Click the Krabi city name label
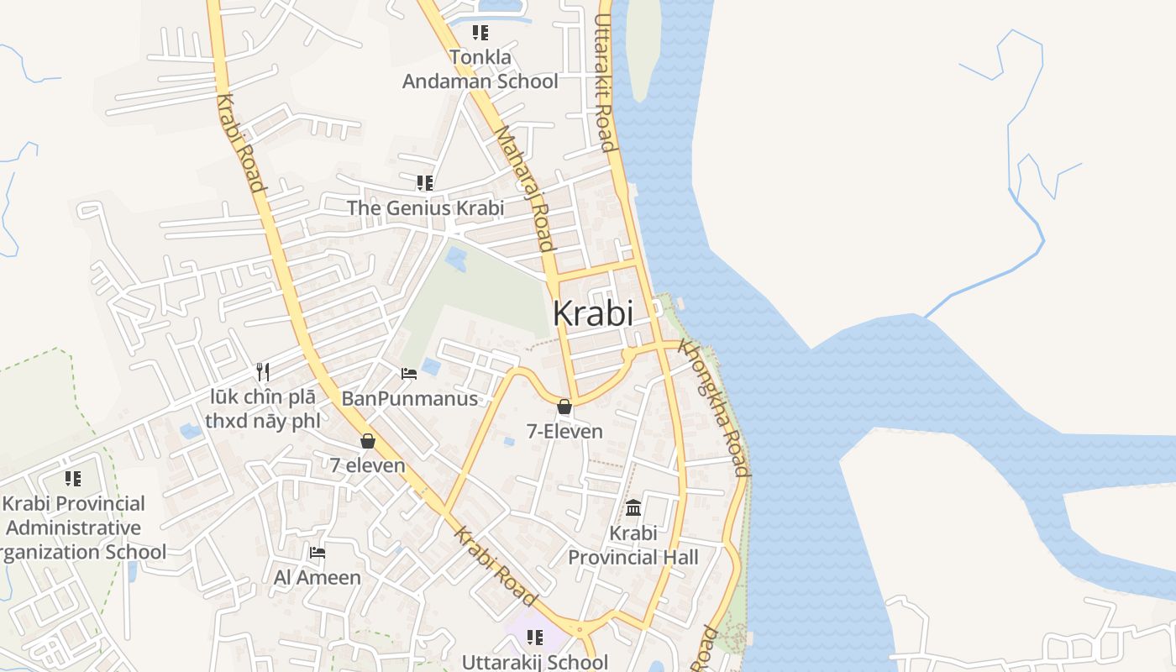[x=593, y=313]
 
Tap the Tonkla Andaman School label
[x=480, y=70]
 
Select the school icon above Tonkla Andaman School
[x=480, y=33]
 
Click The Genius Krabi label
[x=426, y=207]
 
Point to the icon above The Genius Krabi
[x=425, y=182]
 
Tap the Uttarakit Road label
[x=606, y=82]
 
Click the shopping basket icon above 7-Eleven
[x=564, y=407]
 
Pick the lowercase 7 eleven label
[x=367, y=465]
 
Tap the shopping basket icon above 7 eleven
[x=368, y=440]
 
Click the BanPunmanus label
[x=410, y=398]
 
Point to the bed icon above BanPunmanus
[x=409, y=373]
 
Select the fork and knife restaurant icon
[x=263, y=371]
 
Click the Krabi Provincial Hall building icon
[x=633, y=508]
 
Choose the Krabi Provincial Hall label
[x=633, y=545]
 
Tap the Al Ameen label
[x=318, y=578]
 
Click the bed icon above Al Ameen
[x=318, y=552]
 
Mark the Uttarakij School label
[x=535, y=662]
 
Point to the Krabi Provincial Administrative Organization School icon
[x=73, y=479]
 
